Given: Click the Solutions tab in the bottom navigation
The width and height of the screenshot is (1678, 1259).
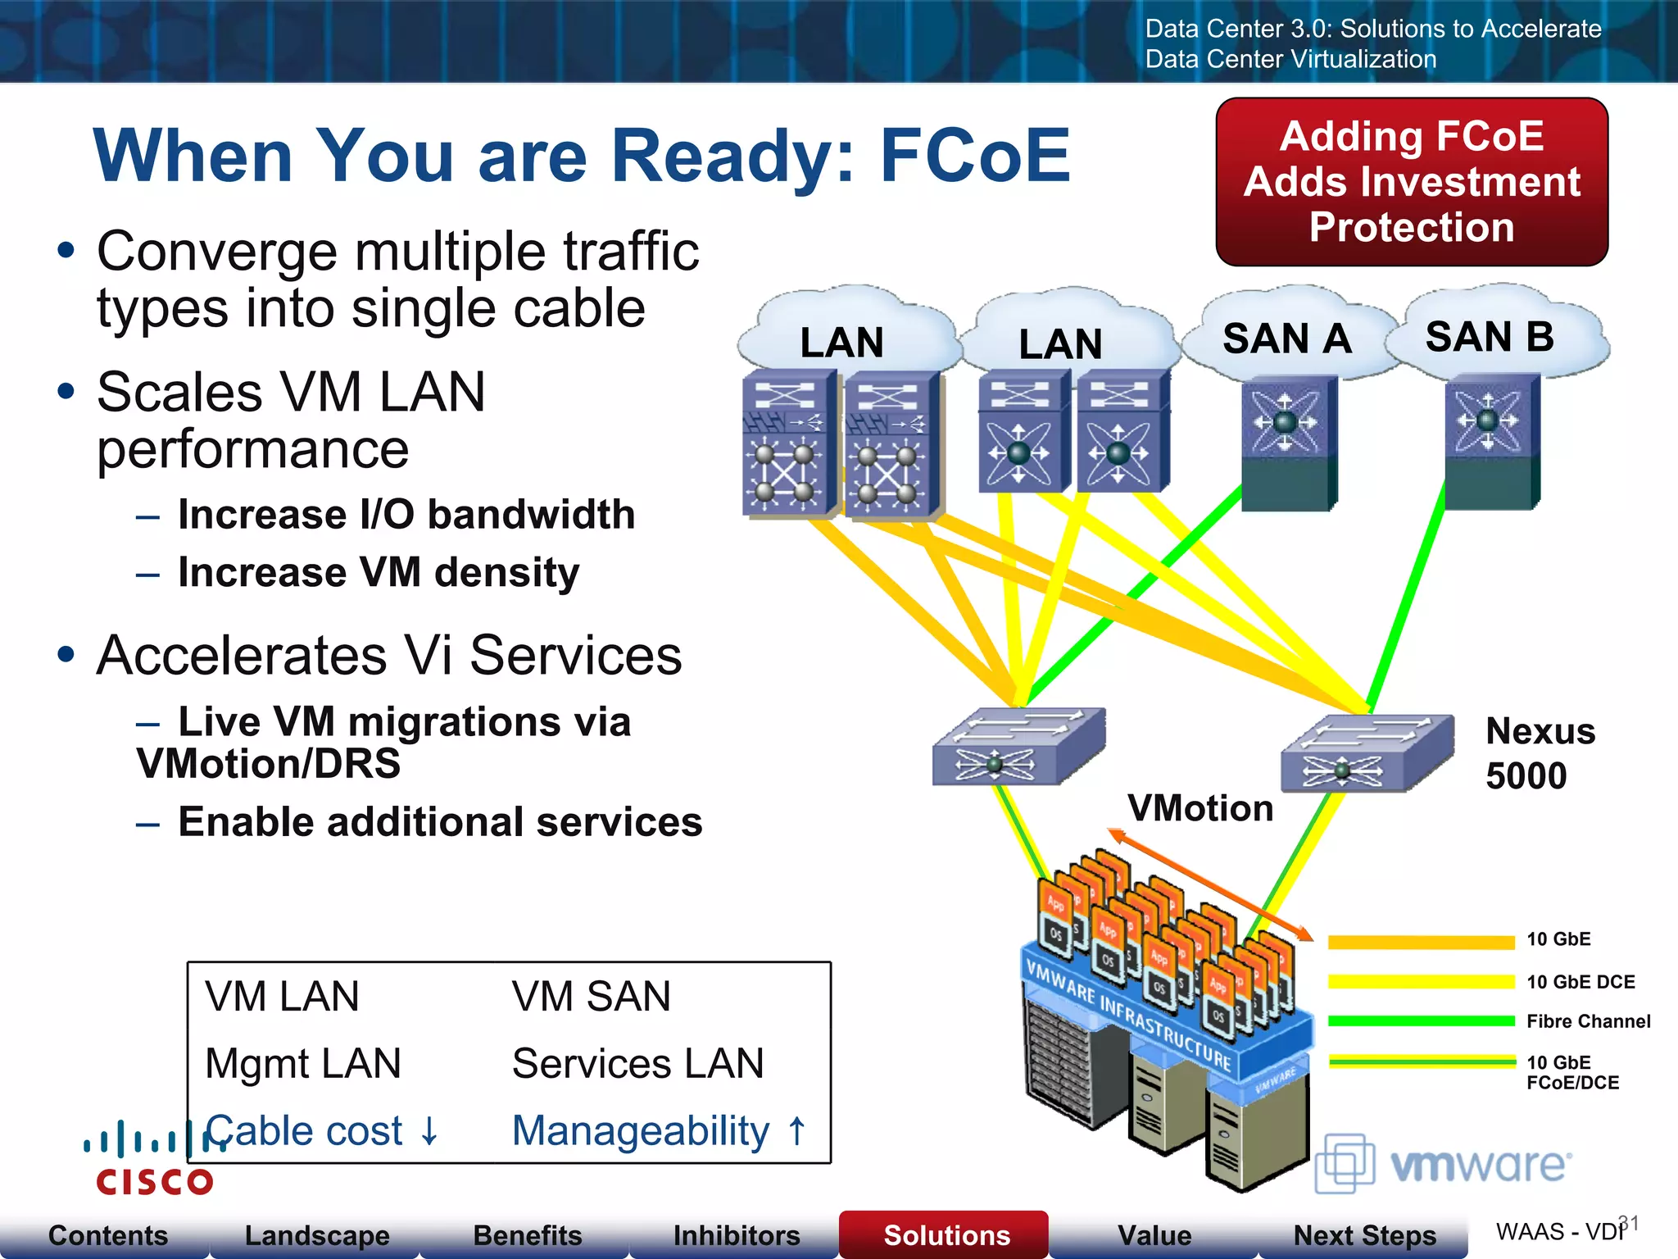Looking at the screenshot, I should [x=946, y=1235].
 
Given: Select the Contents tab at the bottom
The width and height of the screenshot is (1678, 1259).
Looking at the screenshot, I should [x=107, y=1235].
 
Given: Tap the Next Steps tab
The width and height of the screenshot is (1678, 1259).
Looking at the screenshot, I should [x=1364, y=1235].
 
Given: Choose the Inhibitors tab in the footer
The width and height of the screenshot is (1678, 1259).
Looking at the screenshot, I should [x=736, y=1235].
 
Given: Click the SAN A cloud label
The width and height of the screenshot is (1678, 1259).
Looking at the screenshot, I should [x=1286, y=339].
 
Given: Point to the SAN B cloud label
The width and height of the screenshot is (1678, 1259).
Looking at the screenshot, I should [x=1489, y=337].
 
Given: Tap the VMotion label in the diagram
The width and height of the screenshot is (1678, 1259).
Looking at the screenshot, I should [x=1200, y=809].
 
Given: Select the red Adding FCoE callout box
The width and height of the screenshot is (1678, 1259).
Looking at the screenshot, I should [x=1411, y=182].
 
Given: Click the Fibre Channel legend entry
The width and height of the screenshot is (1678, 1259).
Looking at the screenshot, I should [x=1588, y=1021].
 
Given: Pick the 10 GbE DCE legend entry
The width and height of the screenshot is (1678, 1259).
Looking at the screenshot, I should [x=1580, y=982].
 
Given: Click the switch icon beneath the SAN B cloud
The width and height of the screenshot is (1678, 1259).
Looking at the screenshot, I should [x=1491, y=443].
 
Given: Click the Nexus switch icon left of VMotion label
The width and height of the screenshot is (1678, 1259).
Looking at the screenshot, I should [x=1018, y=747].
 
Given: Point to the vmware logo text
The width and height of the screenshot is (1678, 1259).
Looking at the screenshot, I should [x=1480, y=1164].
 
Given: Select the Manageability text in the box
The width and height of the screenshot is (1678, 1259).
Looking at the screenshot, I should [x=641, y=1131].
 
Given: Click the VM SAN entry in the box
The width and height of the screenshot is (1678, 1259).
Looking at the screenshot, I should [x=591, y=997].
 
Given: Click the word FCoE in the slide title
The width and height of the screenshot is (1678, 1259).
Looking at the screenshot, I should [x=974, y=156].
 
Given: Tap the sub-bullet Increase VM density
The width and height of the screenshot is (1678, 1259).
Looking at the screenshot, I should [x=379, y=572].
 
